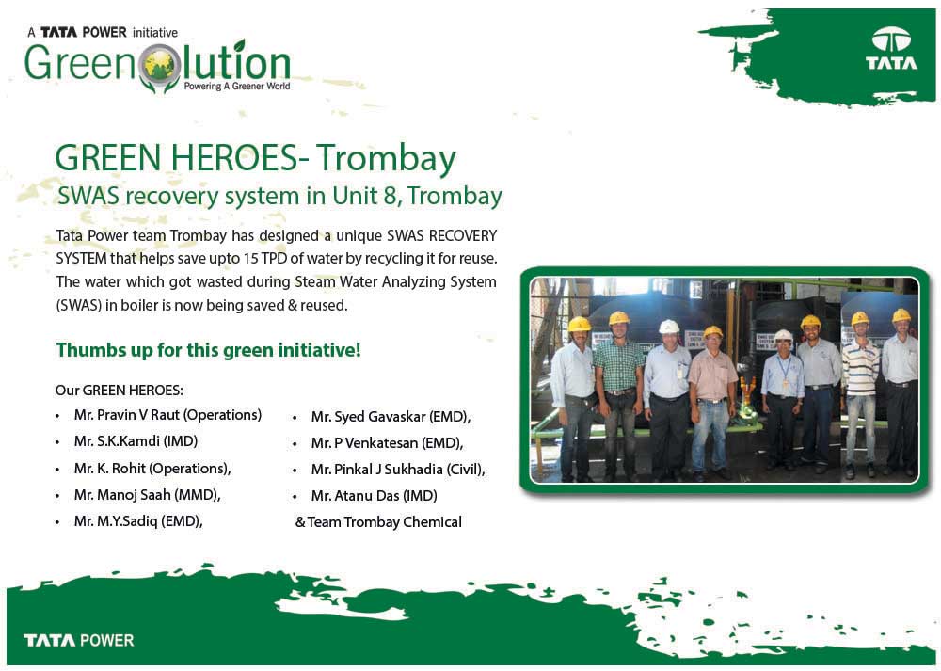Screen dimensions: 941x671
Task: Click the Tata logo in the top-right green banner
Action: click(x=891, y=49)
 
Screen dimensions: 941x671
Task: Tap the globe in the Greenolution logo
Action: click(x=160, y=66)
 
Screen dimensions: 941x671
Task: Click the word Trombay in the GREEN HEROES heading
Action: click(x=387, y=158)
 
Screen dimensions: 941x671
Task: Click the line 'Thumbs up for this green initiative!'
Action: click(x=208, y=350)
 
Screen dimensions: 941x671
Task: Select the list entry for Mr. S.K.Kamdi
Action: click(x=136, y=441)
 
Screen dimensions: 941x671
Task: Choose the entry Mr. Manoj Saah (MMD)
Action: click(x=147, y=495)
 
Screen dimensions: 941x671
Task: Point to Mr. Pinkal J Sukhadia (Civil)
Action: click(x=398, y=470)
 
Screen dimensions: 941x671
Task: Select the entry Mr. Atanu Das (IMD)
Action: click(x=374, y=496)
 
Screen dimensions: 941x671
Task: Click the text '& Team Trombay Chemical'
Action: click(x=378, y=522)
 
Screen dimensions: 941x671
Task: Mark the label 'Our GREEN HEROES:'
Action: click(x=120, y=391)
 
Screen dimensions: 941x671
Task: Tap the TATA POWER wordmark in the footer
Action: click(x=79, y=640)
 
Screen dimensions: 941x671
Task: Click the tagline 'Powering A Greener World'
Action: click(x=237, y=87)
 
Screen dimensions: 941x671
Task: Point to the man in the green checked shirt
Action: click(x=618, y=396)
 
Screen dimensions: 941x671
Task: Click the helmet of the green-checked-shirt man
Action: click(x=619, y=318)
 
